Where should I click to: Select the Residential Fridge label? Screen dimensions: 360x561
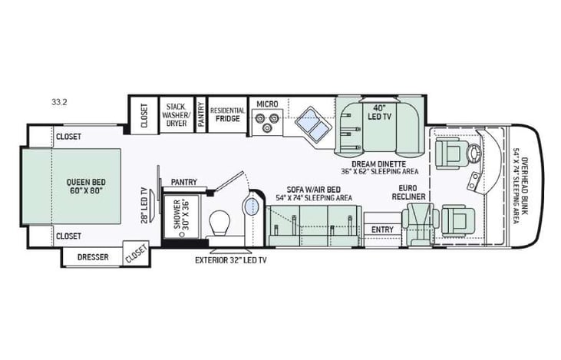tap(227, 114)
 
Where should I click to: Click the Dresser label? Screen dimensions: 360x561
tap(92, 257)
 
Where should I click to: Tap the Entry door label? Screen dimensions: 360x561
tap(382, 230)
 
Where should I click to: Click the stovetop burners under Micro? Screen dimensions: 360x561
tap(266, 121)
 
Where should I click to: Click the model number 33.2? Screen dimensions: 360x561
tap(58, 101)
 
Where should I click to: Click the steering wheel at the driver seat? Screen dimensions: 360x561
tap(477, 151)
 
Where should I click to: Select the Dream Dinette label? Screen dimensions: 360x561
tap(374, 165)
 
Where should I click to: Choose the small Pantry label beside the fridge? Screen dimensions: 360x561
tap(200, 114)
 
